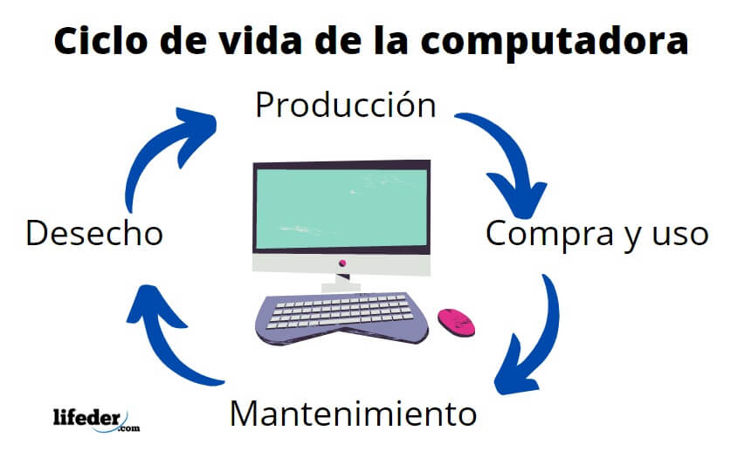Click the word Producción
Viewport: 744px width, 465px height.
pos(346,105)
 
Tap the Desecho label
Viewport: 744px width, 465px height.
pos(94,233)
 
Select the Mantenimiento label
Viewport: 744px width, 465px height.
pos(353,414)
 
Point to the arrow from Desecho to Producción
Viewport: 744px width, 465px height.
pos(156,152)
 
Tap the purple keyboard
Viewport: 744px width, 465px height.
pos(341,318)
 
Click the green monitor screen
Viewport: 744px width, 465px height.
pos(341,208)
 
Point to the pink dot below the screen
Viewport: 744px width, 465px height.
pos(342,263)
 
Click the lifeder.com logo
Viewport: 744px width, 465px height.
pos(96,420)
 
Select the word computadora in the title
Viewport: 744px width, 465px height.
pos(555,42)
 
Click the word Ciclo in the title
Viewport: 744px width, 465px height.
pos(100,40)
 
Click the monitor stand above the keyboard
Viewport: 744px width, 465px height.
pos(341,283)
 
